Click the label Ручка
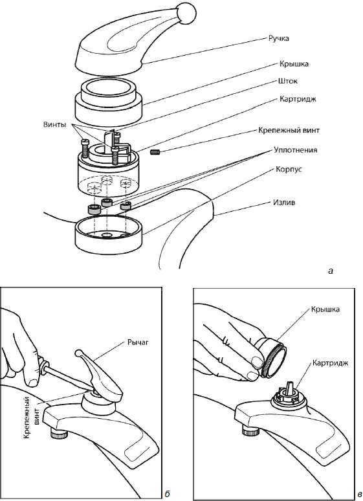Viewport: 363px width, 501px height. (278, 38)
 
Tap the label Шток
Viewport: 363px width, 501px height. (287, 81)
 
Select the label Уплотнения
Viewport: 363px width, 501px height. (295, 150)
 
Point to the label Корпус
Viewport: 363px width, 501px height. (289, 169)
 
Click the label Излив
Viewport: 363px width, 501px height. (284, 203)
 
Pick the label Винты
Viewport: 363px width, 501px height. (54, 125)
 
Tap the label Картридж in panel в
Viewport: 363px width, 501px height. (331, 363)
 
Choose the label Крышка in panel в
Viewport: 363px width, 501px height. (325, 309)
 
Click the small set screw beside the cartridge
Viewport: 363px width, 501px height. (155, 151)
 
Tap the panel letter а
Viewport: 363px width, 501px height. (331, 271)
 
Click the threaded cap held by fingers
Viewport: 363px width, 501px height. (272, 357)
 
